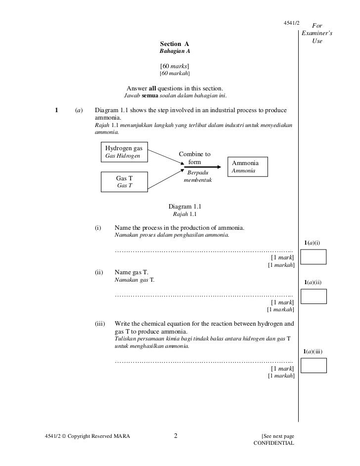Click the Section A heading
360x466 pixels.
(x=175, y=44)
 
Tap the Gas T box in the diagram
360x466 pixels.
(x=124, y=181)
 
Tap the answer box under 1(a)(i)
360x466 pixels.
(x=314, y=257)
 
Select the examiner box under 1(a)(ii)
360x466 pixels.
(x=314, y=296)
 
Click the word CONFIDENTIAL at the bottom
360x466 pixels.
(x=273, y=443)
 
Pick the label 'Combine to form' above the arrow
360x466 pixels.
(x=195, y=158)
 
